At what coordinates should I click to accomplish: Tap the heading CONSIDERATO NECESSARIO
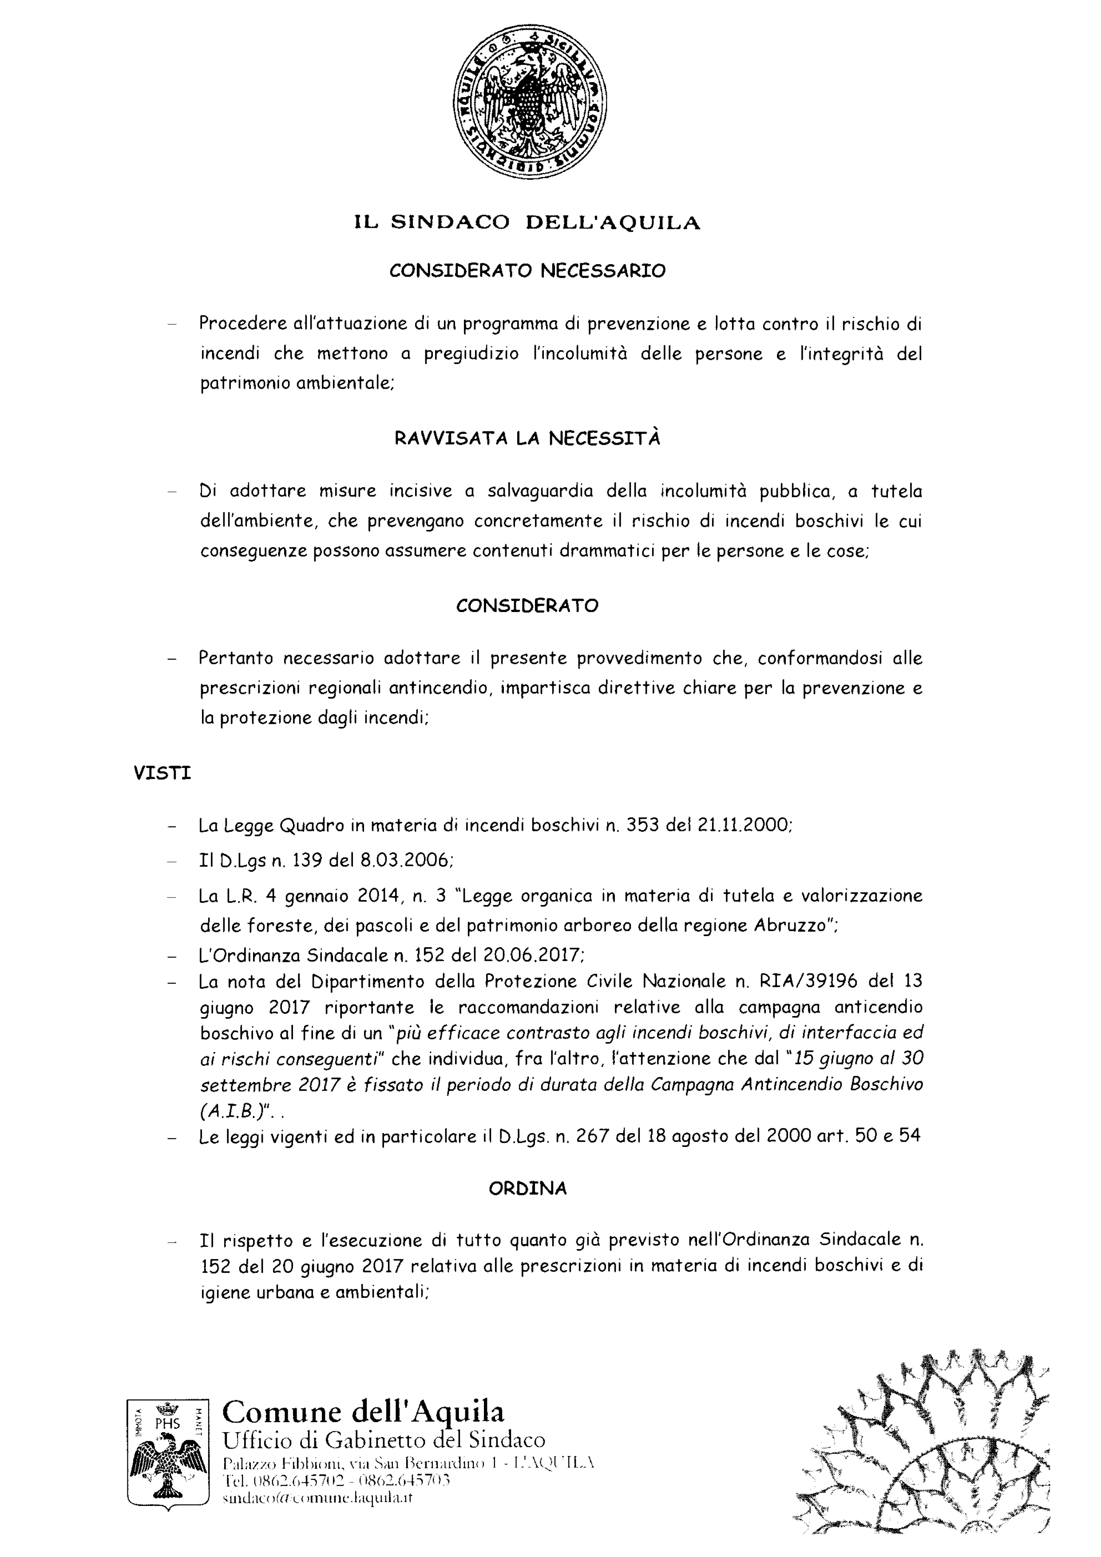527,271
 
